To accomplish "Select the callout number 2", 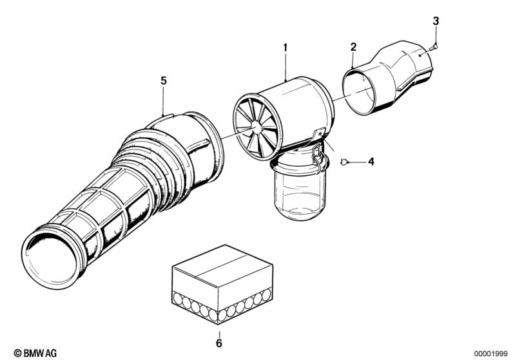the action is coord(353,46).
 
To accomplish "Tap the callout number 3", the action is coord(436,21).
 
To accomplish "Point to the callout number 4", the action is coord(371,162).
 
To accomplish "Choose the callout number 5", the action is coord(164,81).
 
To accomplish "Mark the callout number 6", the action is coord(219,343).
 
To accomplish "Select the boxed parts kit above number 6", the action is coord(219,283).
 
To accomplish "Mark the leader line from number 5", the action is coord(164,100).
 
